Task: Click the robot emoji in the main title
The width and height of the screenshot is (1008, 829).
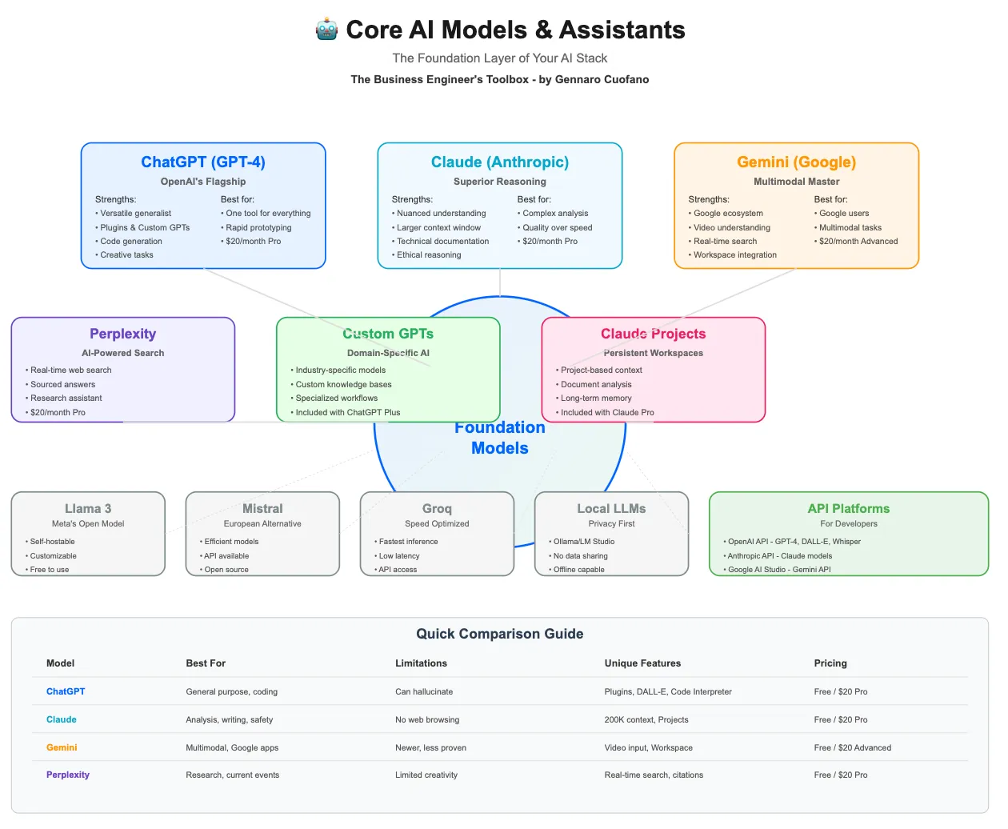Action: pos(326,30)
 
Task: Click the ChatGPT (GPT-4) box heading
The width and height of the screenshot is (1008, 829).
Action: pos(203,162)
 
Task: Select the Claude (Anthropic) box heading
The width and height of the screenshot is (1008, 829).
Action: pos(499,162)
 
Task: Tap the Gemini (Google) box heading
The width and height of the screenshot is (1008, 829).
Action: pos(796,162)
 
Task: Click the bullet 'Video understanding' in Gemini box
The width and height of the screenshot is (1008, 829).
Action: pos(730,227)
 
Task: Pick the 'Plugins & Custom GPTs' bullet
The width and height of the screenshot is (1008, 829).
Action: pos(142,227)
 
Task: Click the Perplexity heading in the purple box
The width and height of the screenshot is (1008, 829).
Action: pos(123,334)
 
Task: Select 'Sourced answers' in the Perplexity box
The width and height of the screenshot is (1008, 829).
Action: pos(60,384)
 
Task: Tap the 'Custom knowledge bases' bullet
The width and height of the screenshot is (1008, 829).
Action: pos(342,384)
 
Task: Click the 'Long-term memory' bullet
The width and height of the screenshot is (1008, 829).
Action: pos(594,398)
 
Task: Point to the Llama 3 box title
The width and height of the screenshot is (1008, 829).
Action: pos(88,508)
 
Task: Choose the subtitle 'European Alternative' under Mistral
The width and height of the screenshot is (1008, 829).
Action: pos(262,523)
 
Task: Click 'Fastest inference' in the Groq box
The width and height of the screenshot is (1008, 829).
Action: pos(406,542)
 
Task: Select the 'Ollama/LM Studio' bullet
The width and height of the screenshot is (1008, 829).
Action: pos(582,542)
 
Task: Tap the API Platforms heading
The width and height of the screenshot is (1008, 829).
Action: pos(848,508)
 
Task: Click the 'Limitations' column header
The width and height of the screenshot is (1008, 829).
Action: pos(421,663)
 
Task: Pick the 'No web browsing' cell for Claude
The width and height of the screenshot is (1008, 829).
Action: pos(427,719)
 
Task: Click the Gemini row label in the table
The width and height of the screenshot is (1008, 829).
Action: pos(62,747)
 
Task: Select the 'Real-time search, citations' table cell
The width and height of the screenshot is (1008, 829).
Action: pos(654,775)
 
